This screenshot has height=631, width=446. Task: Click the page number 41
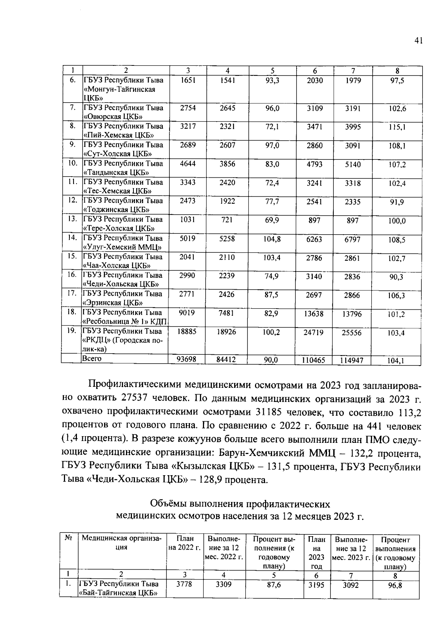(418, 41)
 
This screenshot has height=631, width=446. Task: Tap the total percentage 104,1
(396, 360)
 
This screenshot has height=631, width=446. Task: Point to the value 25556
(352, 333)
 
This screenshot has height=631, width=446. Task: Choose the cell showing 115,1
(397, 127)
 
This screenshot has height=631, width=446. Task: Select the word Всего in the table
(92, 358)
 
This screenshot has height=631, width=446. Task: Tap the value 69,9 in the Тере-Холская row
(272, 220)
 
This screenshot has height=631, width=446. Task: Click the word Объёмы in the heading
(168, 504)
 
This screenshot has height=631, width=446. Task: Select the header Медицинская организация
(122, 543)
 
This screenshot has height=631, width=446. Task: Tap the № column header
(68, 538)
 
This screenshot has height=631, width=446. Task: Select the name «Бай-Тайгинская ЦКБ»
(117, 593)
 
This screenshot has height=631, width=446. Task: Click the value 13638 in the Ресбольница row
(314, 314)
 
